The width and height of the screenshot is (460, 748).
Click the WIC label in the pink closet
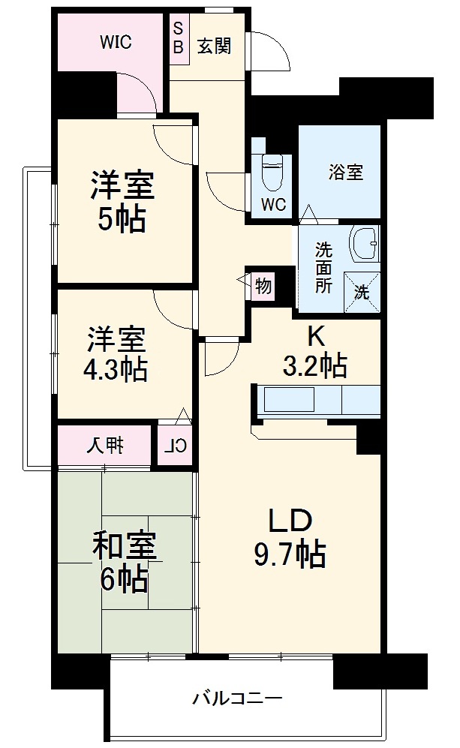[x=116, y=43]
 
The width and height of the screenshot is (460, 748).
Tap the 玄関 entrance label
[x=214, y=46]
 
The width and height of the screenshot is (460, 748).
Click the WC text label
[x=273, y=204]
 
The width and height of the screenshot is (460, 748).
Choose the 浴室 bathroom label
[x=345, y=173]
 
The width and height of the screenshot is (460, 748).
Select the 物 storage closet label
[x=263, y=286]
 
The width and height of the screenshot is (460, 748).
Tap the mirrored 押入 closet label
[x=105, y=447]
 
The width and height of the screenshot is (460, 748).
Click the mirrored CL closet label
[x=175, y=447]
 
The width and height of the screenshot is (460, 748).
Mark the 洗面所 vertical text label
[x=323, y=267]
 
